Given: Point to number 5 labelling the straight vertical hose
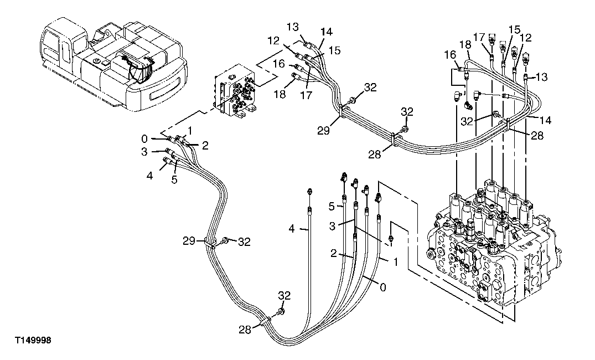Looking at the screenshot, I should pos(332,207).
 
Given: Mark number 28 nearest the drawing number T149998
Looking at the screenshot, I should pos(244,330).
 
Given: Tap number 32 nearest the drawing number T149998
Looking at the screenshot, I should pos(284,296).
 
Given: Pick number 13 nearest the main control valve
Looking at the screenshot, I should pos(541,77).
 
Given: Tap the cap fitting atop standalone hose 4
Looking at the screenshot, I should pos(309,192).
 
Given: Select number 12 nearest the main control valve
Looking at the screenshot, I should pos(526,38).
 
